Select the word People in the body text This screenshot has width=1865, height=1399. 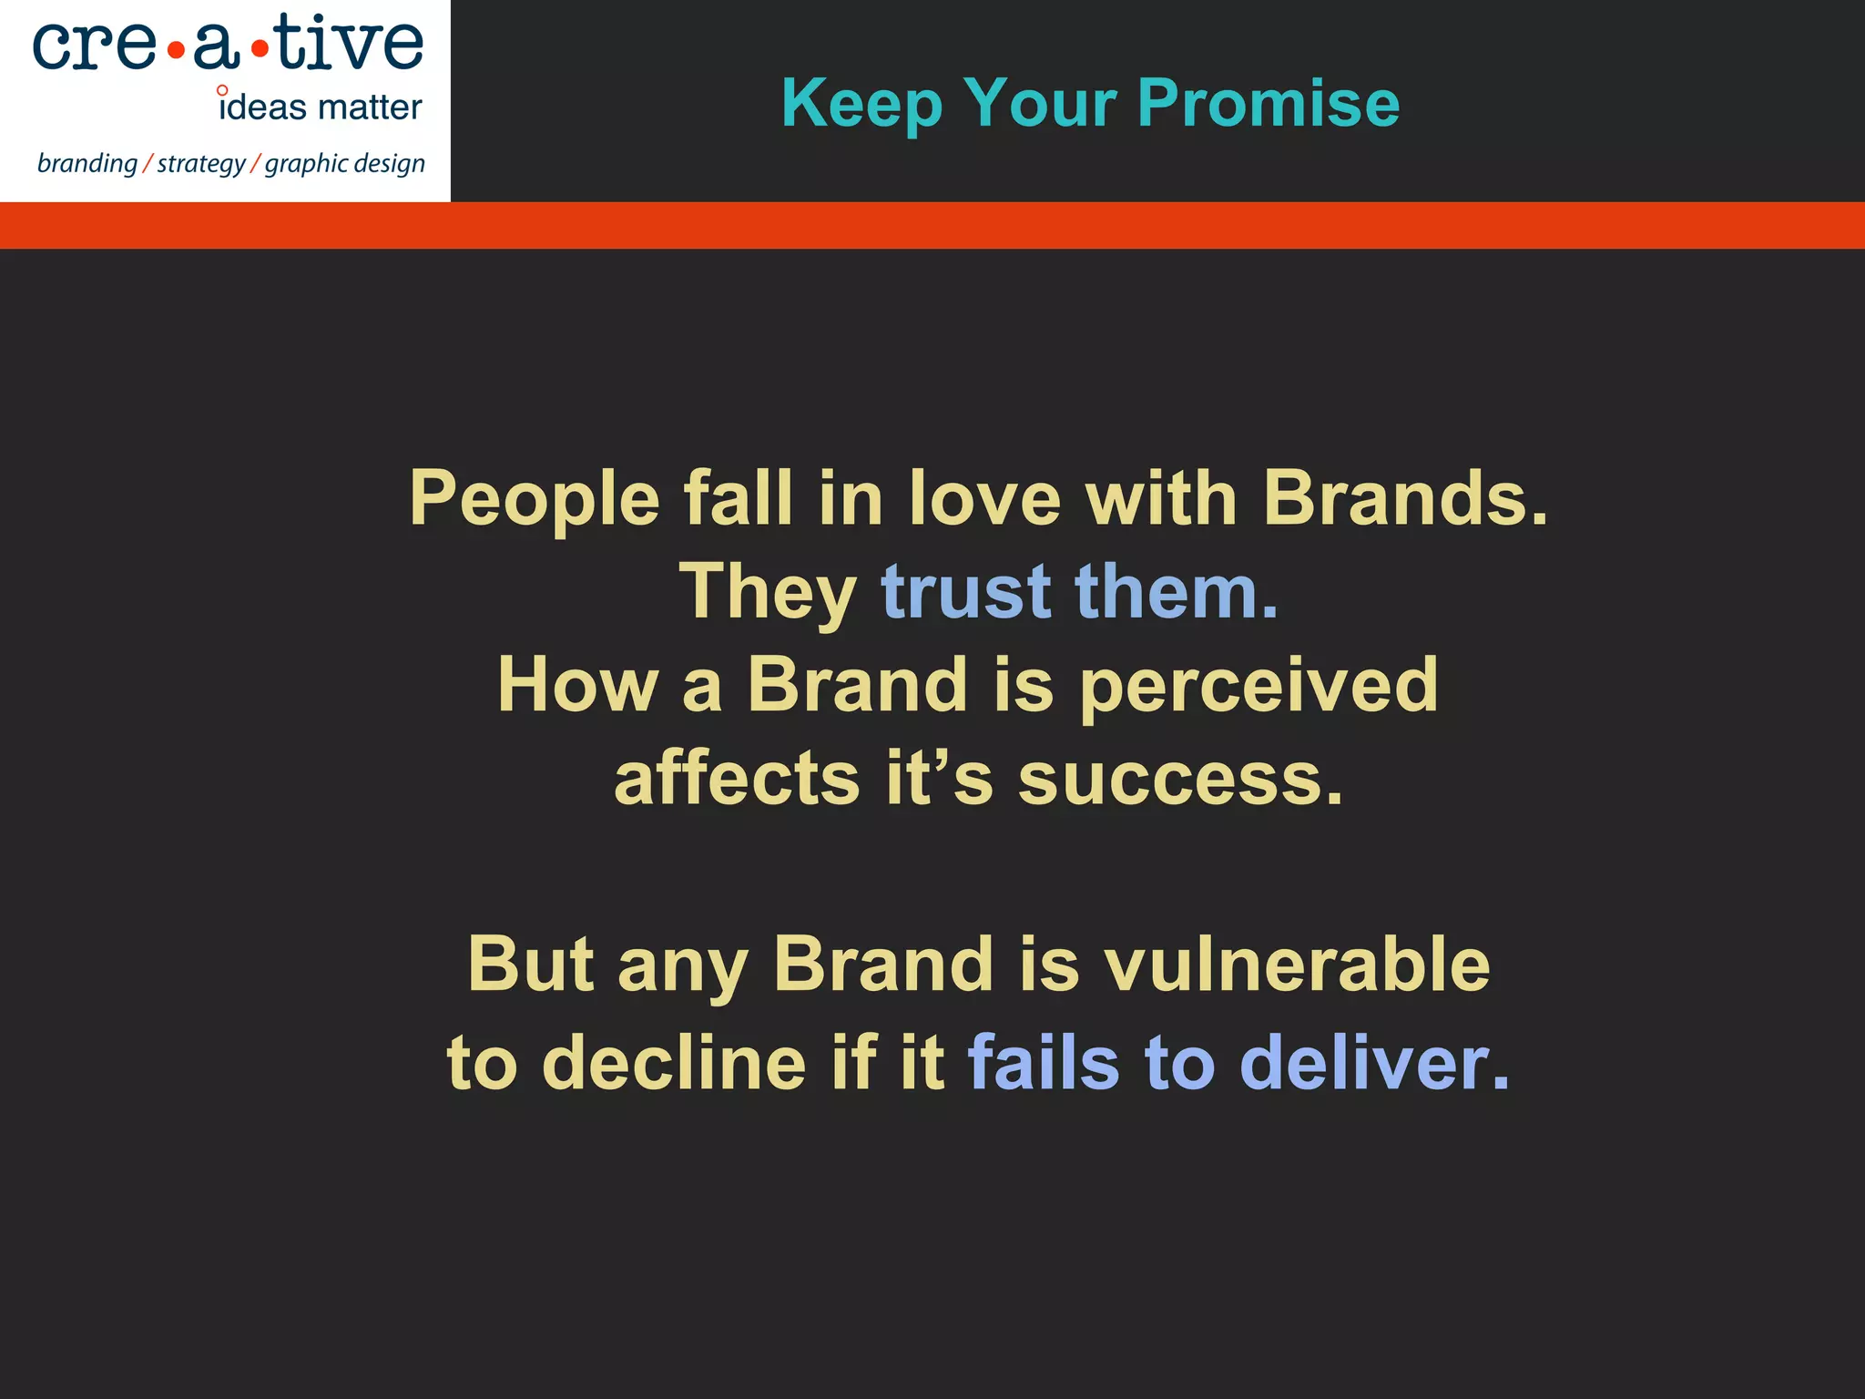pyautogui.click(x=535, y=499)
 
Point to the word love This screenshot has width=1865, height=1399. pyautogui.click(x=985, y=498)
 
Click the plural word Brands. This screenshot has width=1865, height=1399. pyautogui.click(x=1404, y=498)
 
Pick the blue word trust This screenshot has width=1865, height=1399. pyautogui.click(x=966, y=592)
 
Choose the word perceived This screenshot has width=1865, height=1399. pyautogui.click(x=1259, y=687)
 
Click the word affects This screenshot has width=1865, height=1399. pyautogui.click(x=737, y=780)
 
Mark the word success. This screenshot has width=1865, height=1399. pyautogui.click(x=1179, y=781)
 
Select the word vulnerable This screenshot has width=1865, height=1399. pyautogui.click(x=1297, y=965)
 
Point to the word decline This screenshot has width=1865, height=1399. pyautogui.click(x=674, y=1062)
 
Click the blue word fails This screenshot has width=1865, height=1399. pyautogui.click(x=1043, y=1062)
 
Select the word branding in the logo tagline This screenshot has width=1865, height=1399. pyautogui.click(x=87, y=164)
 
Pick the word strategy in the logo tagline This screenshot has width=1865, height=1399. pyautogui.click(x=201, y=165)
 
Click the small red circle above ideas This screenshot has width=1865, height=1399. pyautogui.click(x=222, y=90)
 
